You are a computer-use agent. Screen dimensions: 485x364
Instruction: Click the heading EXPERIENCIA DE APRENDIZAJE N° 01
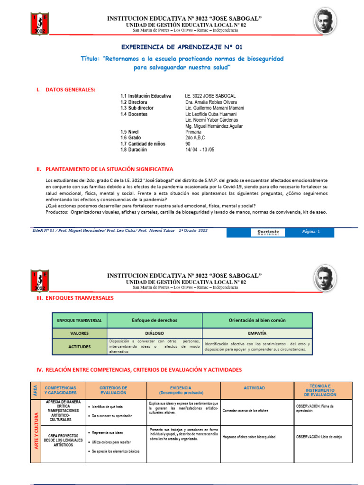point(182,47)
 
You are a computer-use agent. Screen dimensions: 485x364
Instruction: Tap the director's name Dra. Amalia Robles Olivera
point(210,102)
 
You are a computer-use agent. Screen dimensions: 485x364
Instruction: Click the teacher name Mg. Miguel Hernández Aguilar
point(214,126)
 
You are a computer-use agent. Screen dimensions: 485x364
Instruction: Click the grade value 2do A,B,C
point(196,138)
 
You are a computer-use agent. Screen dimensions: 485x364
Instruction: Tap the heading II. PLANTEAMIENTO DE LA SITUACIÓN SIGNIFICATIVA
point(109,169)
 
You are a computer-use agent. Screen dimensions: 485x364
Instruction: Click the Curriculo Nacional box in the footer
point(268,232)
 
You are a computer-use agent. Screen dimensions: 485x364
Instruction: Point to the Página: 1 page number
point(311,232)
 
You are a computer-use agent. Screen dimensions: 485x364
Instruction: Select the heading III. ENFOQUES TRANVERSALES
point(78,298)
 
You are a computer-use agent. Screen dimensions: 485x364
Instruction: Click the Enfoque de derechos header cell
point(155,320)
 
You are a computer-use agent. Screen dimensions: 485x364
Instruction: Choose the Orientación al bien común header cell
point(257,320)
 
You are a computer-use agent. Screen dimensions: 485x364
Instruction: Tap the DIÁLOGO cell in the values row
point(155,333)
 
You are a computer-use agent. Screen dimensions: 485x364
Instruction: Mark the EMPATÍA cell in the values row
point(257,333)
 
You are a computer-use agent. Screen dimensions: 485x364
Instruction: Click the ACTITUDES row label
point(80,347)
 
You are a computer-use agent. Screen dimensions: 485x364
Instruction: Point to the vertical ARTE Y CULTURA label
point(36,431)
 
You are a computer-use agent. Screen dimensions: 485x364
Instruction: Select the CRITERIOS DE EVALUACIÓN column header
point(114,390)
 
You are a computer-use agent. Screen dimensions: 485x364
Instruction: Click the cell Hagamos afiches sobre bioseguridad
point(249,437)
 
